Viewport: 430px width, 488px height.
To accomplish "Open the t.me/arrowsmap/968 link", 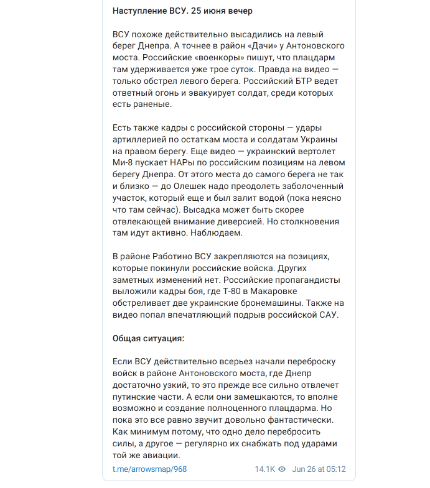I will pyautogui.click(x=149, y=469).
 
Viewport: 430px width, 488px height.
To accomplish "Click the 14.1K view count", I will pyautogui.click(x=264, y=469).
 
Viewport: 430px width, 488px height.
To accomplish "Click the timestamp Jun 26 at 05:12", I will pyautogui.click(x=319, y=469).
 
